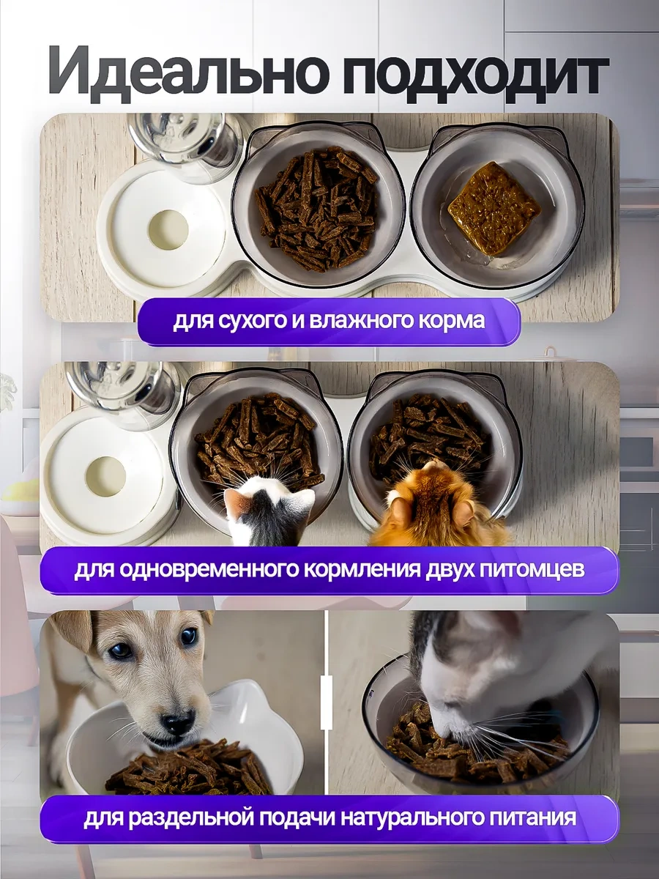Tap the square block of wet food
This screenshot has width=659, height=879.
[x=494, y=208]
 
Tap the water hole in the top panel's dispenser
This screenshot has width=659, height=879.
[x=168, y=229]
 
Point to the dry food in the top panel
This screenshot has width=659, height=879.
[x=318, y=208]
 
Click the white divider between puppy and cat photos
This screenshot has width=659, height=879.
[x=327, y=692]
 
